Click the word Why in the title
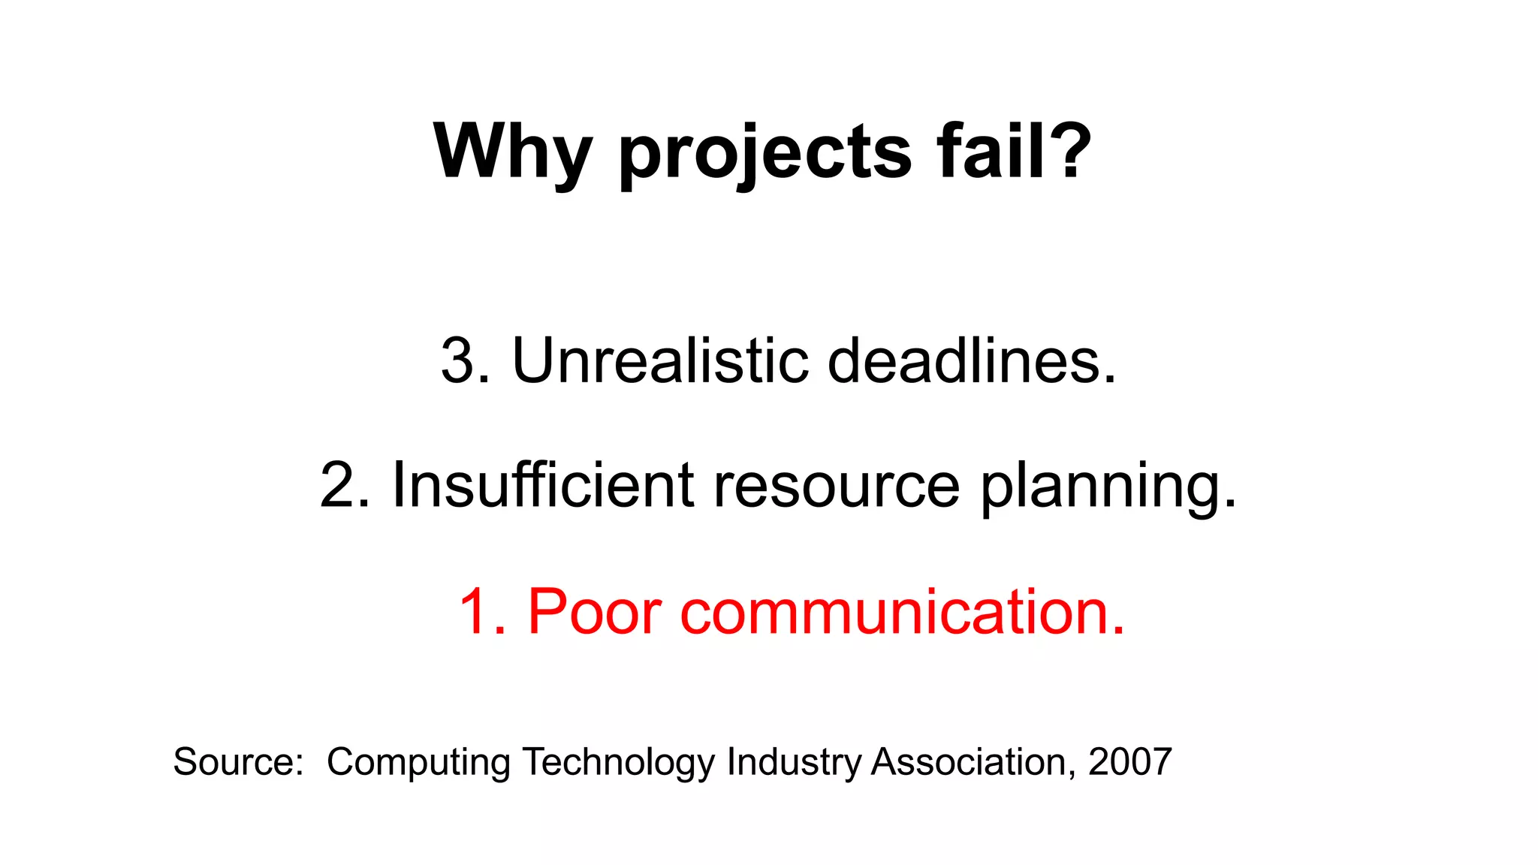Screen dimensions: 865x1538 coord(512,152)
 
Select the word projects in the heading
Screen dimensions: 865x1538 coord(764,154)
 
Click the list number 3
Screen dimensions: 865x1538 coord(459,360)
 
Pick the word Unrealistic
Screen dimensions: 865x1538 coord(660,360)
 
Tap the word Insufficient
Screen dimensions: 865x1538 coord(542,485)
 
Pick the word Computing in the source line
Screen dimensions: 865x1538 coord(418,763)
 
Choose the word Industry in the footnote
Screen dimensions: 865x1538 coord(794,763)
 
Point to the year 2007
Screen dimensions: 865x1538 coord(1130,761)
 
